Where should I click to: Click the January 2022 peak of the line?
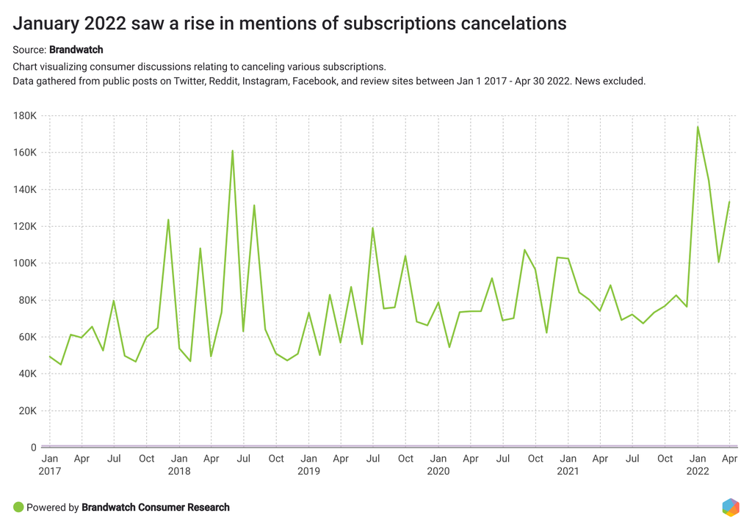[x=698, y=127]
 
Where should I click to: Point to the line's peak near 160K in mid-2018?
[x=232, y=151]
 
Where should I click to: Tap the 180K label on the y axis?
[x=24, y=116]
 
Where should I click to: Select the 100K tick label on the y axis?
[x=24, y=263]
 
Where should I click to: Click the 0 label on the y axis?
[x=34, y=448]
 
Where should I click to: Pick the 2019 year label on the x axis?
[x=308, y=471]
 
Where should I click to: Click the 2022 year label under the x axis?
[x=698, y=471]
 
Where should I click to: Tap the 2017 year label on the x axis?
[x=50, y=471]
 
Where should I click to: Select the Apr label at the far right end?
[x=729, y=459]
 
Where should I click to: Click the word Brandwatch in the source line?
[x=76, y=50]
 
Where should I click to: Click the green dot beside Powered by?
[x=18, y=507]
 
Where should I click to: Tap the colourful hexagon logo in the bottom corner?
[x=730, y=507]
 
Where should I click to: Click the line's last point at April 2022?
[x=729, y=202]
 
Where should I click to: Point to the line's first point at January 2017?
[x=50, y=357]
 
